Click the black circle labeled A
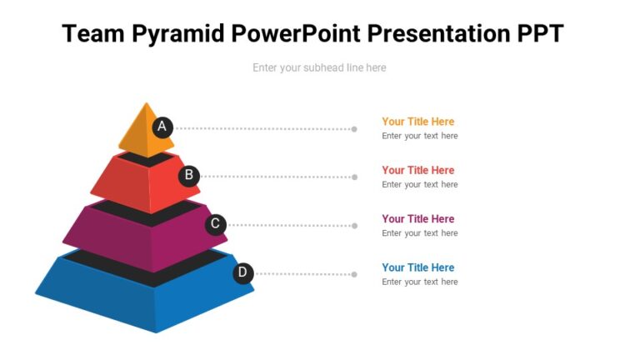(162, 127)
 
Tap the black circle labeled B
(189, 175)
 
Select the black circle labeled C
(216, 223)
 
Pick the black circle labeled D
(242, 272)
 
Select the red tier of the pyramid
(133, 183)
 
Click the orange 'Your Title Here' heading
(417, 122)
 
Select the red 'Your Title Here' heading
(417, 170)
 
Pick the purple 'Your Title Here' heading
(417, 219)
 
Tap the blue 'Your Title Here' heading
(417, 267)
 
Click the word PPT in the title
(537, 34)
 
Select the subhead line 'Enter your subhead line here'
(319, 67)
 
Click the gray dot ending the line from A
(354, 129)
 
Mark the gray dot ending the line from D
(354, 274)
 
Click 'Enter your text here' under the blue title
(419, 282)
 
